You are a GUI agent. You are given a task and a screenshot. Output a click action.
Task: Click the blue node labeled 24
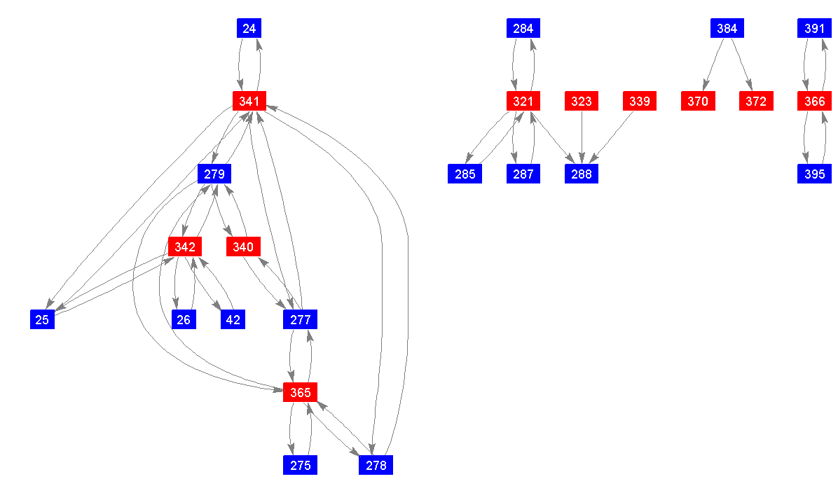[249, 29]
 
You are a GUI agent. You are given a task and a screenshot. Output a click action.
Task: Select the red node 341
[249, 102]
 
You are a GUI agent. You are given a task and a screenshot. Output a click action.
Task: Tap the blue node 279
[214, 174]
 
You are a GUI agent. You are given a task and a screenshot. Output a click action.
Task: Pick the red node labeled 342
[185, 246]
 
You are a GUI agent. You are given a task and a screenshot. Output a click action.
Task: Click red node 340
[243, 246]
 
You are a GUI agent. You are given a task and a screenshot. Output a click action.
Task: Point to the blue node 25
[42, 320]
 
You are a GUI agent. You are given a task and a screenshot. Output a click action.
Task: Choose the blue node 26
[184, 320]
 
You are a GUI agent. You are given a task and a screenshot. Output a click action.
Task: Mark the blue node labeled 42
[233, 320]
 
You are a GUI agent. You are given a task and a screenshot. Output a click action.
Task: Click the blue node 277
[300, 320]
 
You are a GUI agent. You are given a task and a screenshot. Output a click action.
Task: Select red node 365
[300, 393]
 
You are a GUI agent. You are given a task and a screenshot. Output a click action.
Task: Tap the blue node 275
[300, 465]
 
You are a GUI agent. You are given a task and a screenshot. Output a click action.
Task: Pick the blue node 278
[376, 465]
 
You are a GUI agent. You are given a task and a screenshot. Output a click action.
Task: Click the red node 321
[523, 102]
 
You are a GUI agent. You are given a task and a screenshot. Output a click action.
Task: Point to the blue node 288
[581, 174]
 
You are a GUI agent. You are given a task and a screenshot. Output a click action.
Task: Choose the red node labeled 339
[639, 102]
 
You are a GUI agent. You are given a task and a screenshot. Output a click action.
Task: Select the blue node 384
[727, 29]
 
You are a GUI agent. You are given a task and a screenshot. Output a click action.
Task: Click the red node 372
[756, 102]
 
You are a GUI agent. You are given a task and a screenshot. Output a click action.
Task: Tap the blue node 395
[814, 174]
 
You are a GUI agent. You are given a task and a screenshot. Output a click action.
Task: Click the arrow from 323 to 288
[582, 137]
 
